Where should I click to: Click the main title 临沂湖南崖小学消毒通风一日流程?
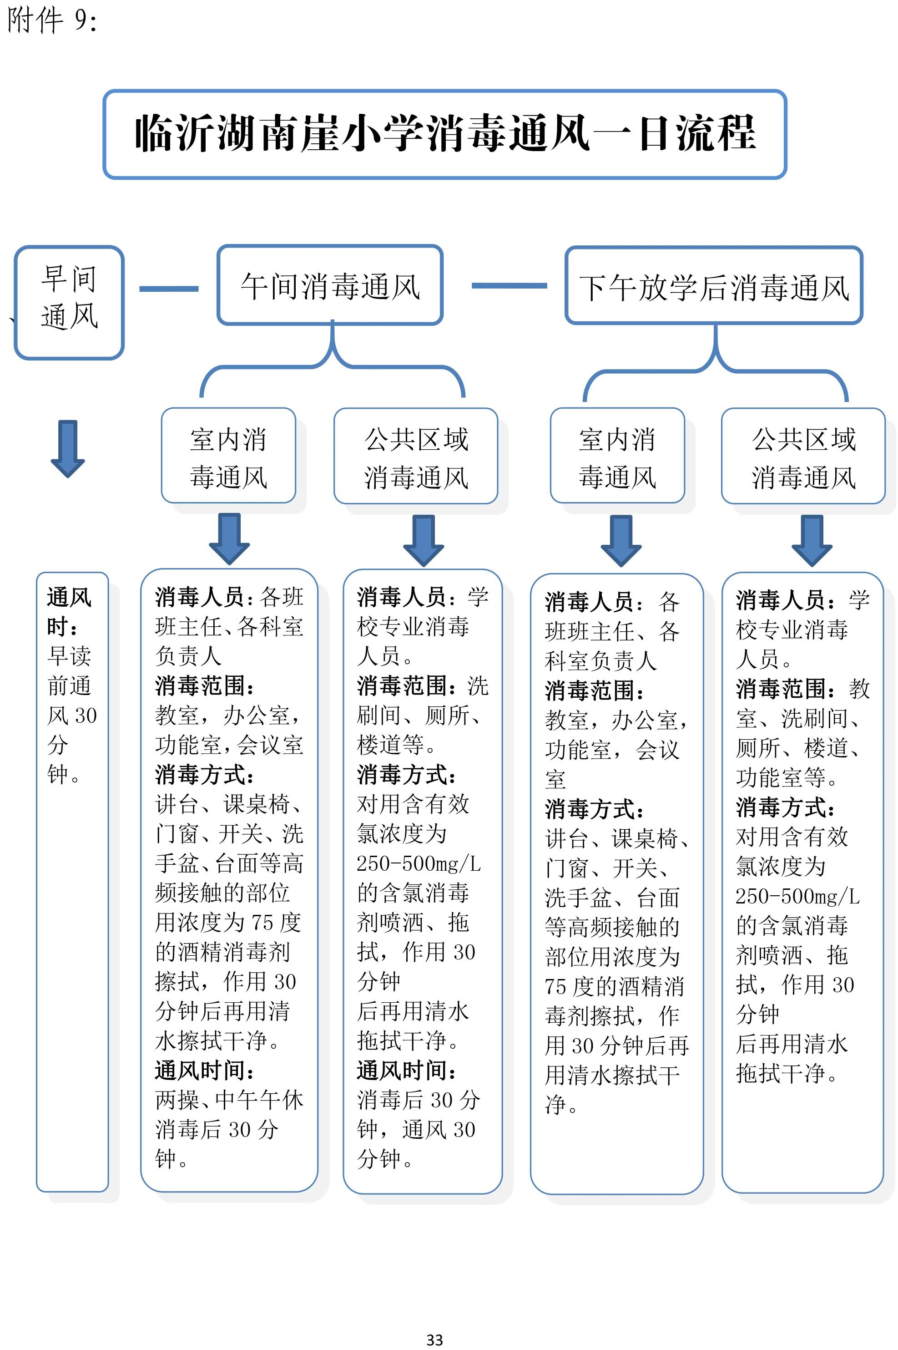click(x=445, y=133)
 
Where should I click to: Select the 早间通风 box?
click(x=69, y=302)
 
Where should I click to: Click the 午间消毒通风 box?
click(x=330, y=285)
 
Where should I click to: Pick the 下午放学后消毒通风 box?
click(x=714, y=286)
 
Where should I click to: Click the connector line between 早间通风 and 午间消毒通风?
click(x=169, y=289)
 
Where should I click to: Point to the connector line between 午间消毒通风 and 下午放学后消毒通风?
click(x=509, y=285)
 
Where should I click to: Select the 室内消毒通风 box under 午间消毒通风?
click(x=228, y=456)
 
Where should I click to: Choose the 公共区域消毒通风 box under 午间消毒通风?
click(x=416, y=457)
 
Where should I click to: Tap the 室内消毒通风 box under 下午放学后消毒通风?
click(x=617, y=457)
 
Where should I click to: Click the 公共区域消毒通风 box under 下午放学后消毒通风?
click(x=803, y=457)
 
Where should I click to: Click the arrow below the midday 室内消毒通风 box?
click(x=229, y=538)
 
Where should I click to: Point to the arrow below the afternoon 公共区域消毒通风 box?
click(x=812, y=540)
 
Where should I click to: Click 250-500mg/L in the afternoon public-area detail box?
click(x=797, y=896)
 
